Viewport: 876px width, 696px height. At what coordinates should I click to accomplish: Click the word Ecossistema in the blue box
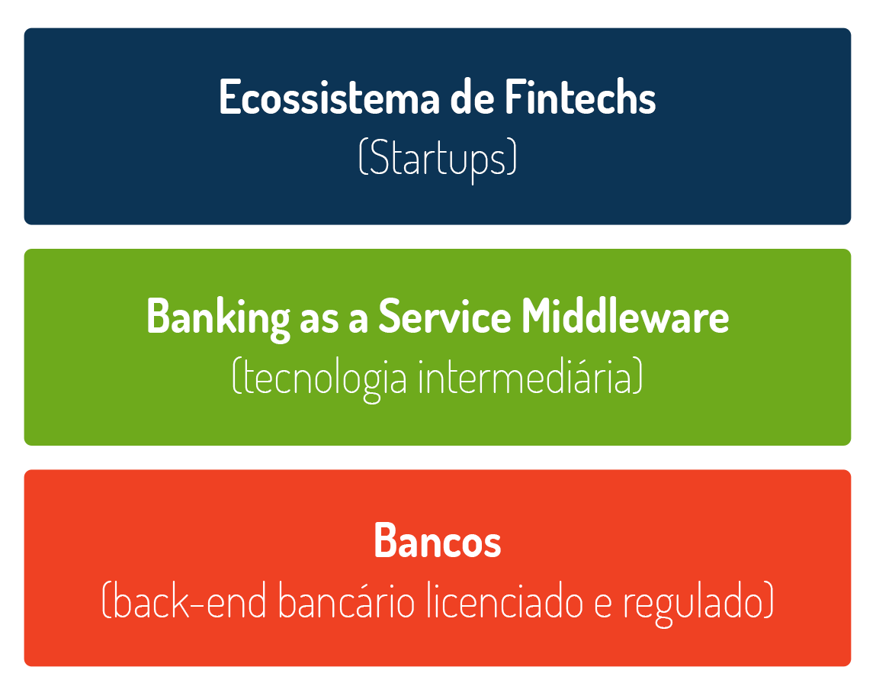coord(329,97)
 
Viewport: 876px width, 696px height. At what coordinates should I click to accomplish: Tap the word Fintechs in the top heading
coord(580,97)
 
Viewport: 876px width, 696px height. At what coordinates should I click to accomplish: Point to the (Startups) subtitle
coord(438,159)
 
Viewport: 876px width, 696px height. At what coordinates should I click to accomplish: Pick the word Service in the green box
coord(444,317)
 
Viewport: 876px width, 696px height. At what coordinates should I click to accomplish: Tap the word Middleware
coord(625,317)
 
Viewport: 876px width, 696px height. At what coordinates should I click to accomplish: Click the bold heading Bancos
coord(438,540)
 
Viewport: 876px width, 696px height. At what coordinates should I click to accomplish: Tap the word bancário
coord(346,601)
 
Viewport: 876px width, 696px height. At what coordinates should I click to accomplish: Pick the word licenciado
coord(505,601)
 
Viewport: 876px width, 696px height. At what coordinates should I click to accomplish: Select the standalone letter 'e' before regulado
coord(603,605)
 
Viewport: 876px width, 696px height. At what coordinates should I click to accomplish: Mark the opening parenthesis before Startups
coord(363,157)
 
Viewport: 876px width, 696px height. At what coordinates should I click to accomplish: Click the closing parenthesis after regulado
coord(769,601)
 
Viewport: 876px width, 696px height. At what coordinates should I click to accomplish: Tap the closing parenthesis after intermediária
coord(638,375)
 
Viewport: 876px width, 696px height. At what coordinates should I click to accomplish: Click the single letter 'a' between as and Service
coord(358,321)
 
